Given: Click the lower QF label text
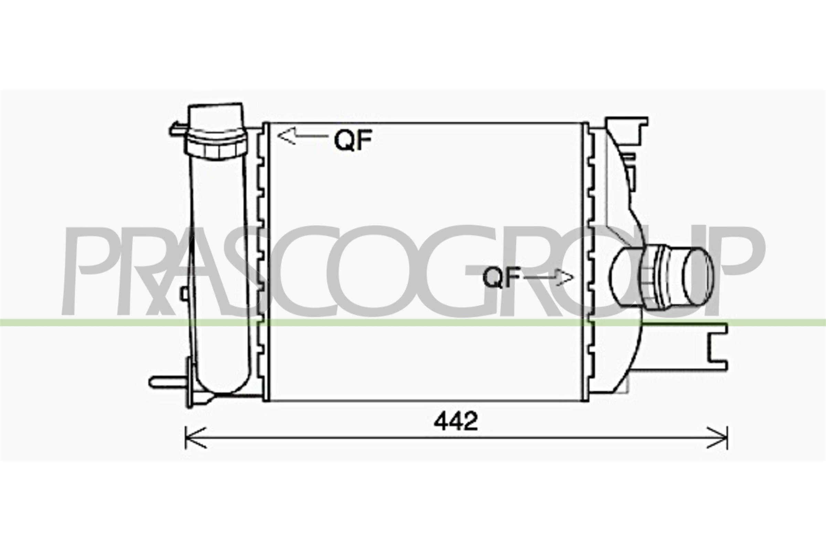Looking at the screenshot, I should (501, 277).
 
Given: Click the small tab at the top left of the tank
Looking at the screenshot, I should (177, 130).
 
